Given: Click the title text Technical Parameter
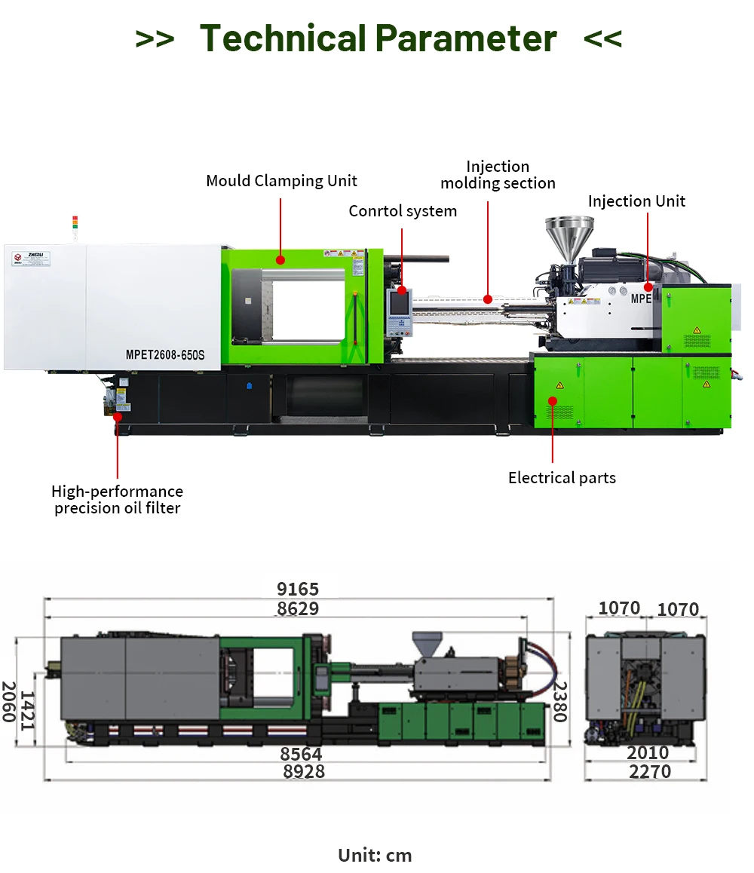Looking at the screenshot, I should [x=378, y=38].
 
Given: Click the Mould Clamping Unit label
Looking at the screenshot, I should [x=281, y=181].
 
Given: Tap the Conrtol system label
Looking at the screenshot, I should [x=403, y=211].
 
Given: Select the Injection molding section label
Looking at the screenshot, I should [x=498, y=175].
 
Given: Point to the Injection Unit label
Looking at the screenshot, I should [x=636, y=201].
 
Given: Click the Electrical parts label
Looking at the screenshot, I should [x=562, y=478].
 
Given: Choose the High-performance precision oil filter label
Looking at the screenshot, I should [x=117, y=500].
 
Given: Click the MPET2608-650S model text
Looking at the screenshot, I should [x=164, y=354].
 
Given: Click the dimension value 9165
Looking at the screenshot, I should [x=298, y=590].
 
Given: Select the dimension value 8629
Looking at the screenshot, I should [x=298, y=609].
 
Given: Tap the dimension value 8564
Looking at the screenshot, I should [x=301, y=754].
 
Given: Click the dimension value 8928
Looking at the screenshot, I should [x=304, y=772].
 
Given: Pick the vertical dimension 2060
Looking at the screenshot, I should [x=9, y=702].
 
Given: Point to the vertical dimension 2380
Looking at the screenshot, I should [x=559, y=702].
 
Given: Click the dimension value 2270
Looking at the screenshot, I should [x=648, y=772].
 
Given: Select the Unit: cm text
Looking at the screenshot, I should [x=375, y=856].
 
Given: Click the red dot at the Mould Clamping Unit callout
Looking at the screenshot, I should [x=280, y=260].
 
